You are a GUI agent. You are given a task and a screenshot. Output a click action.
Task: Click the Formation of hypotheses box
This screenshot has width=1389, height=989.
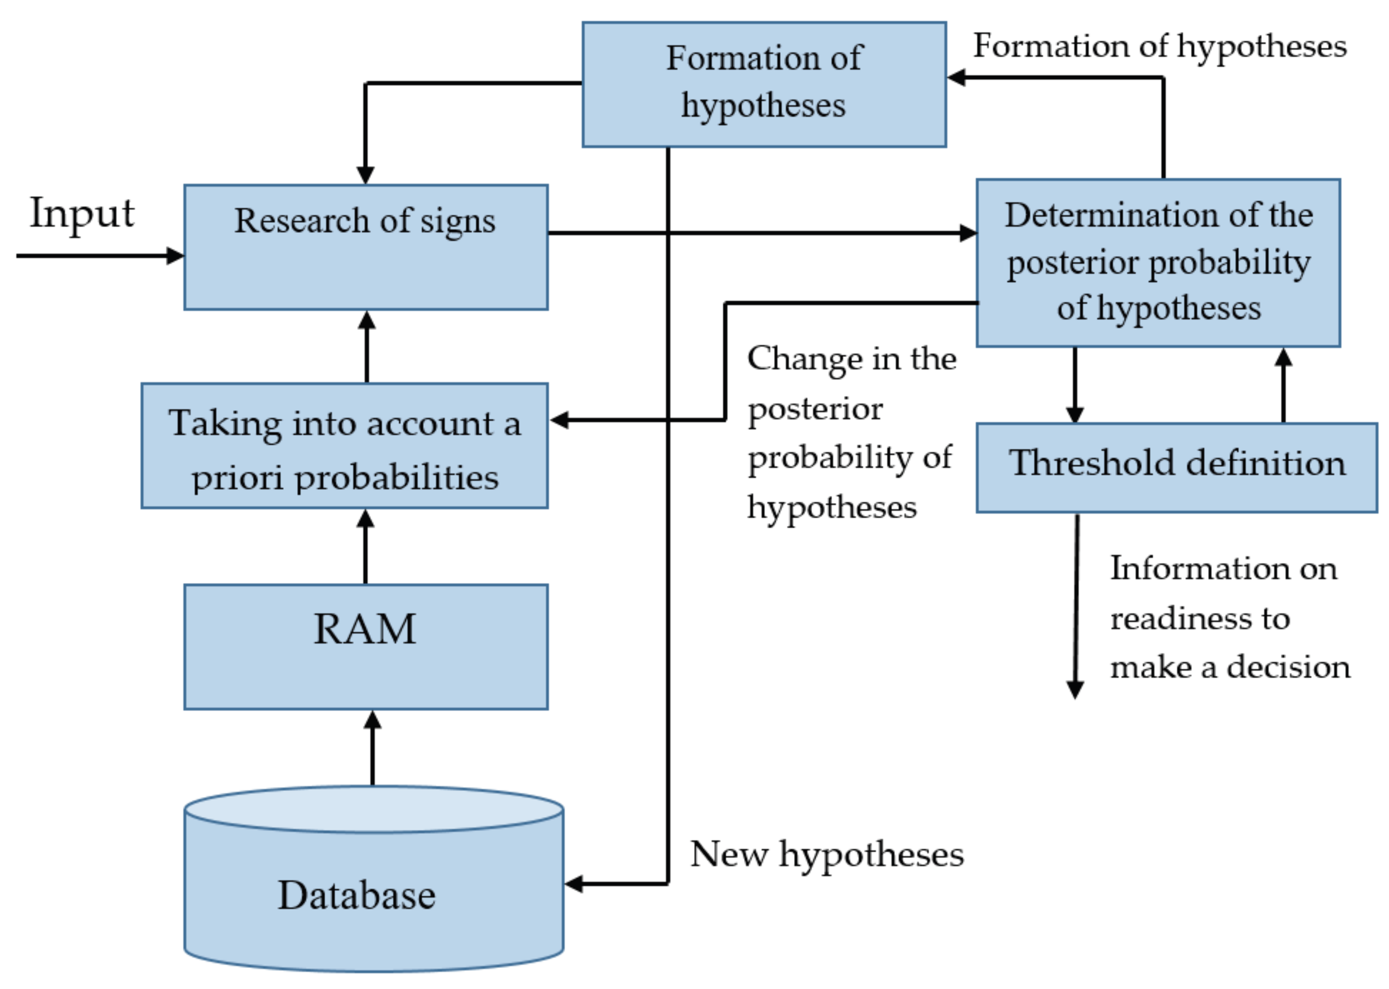pyautogui.click(x=764, y=84)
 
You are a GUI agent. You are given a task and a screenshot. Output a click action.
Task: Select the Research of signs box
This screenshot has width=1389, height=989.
pyautogui.click(x=365, y=247)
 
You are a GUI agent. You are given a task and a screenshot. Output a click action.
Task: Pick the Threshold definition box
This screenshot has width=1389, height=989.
pyautogui.click(x=1176, y=467)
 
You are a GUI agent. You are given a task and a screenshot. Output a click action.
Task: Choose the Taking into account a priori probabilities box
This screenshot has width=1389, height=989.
pyautogui.click(x=345, y=445)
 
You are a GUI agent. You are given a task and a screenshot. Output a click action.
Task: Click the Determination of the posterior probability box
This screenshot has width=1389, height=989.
pyautogui.click(x=1158, y=262)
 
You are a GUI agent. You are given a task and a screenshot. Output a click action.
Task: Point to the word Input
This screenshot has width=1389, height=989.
pyautogui.click(x=82, y=213)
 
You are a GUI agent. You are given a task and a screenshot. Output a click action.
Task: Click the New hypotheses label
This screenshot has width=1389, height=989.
pyautogui.click(x=826, y=854)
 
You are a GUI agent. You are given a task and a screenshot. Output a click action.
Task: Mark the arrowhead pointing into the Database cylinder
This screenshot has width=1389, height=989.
pyautogui.click(x=574, y=884)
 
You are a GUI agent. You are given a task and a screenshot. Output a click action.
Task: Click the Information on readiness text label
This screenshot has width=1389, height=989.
pyautogui.click(x=1229, y=617)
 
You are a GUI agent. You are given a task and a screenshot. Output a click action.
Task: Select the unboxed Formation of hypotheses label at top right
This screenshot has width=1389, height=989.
pyautogui.click(x=1159, y=46)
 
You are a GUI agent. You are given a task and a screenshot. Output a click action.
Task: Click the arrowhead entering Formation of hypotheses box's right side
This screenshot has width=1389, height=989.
pyautogui.click(x=956, y=77)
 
